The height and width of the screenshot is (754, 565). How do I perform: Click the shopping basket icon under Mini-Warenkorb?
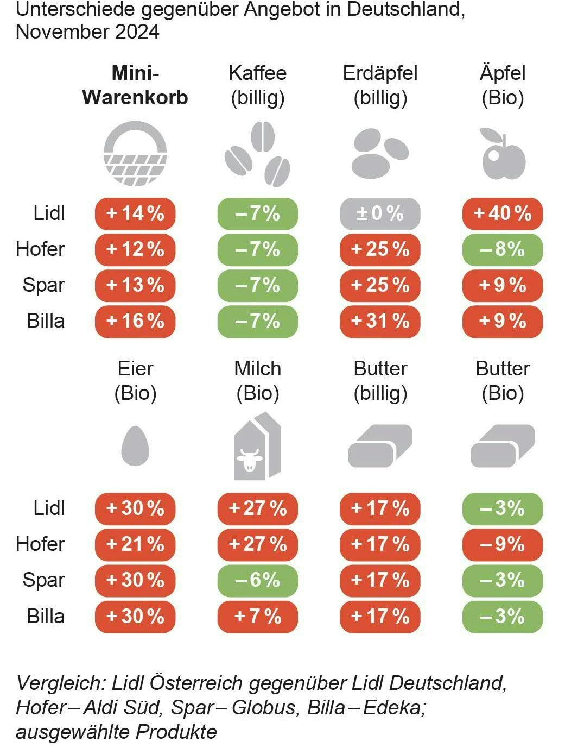click(x=135, y=154)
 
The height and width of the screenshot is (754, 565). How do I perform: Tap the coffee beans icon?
click(x=257, y=154)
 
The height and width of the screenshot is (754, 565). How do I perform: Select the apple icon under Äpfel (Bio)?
click(x=503, y=154)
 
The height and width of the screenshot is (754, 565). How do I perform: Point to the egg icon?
click(x=135, y=446)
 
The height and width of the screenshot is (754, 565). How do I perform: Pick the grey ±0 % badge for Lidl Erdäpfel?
click(x=380, y=213)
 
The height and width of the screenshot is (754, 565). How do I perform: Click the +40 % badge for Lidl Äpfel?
click(x=503, y=213)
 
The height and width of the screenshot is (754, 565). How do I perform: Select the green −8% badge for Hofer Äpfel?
click(x=503, y=249)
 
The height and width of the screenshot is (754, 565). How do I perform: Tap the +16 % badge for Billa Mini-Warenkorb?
click(x=135, y=321)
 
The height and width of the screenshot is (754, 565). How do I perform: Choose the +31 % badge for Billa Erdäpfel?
click(x=380, y=321)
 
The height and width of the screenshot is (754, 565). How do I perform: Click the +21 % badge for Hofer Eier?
click(x=135, y=544)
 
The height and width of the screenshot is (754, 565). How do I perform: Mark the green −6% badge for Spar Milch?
click(x=257, y=580)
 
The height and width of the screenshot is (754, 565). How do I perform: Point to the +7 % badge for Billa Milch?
click(x=257, y=617)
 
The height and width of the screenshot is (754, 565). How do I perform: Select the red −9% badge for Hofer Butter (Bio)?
click(x=503, y=544)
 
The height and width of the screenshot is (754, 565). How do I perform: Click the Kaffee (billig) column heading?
click(x=257, y=85)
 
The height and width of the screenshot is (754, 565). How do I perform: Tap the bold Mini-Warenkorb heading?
click(x=135, y=85)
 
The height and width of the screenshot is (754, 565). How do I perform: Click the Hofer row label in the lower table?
click(x=40, y=544)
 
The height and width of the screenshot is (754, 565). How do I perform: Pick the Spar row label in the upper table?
click(x=43, y=285)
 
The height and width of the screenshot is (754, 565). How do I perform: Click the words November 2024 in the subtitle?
click(x=87, y=32)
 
